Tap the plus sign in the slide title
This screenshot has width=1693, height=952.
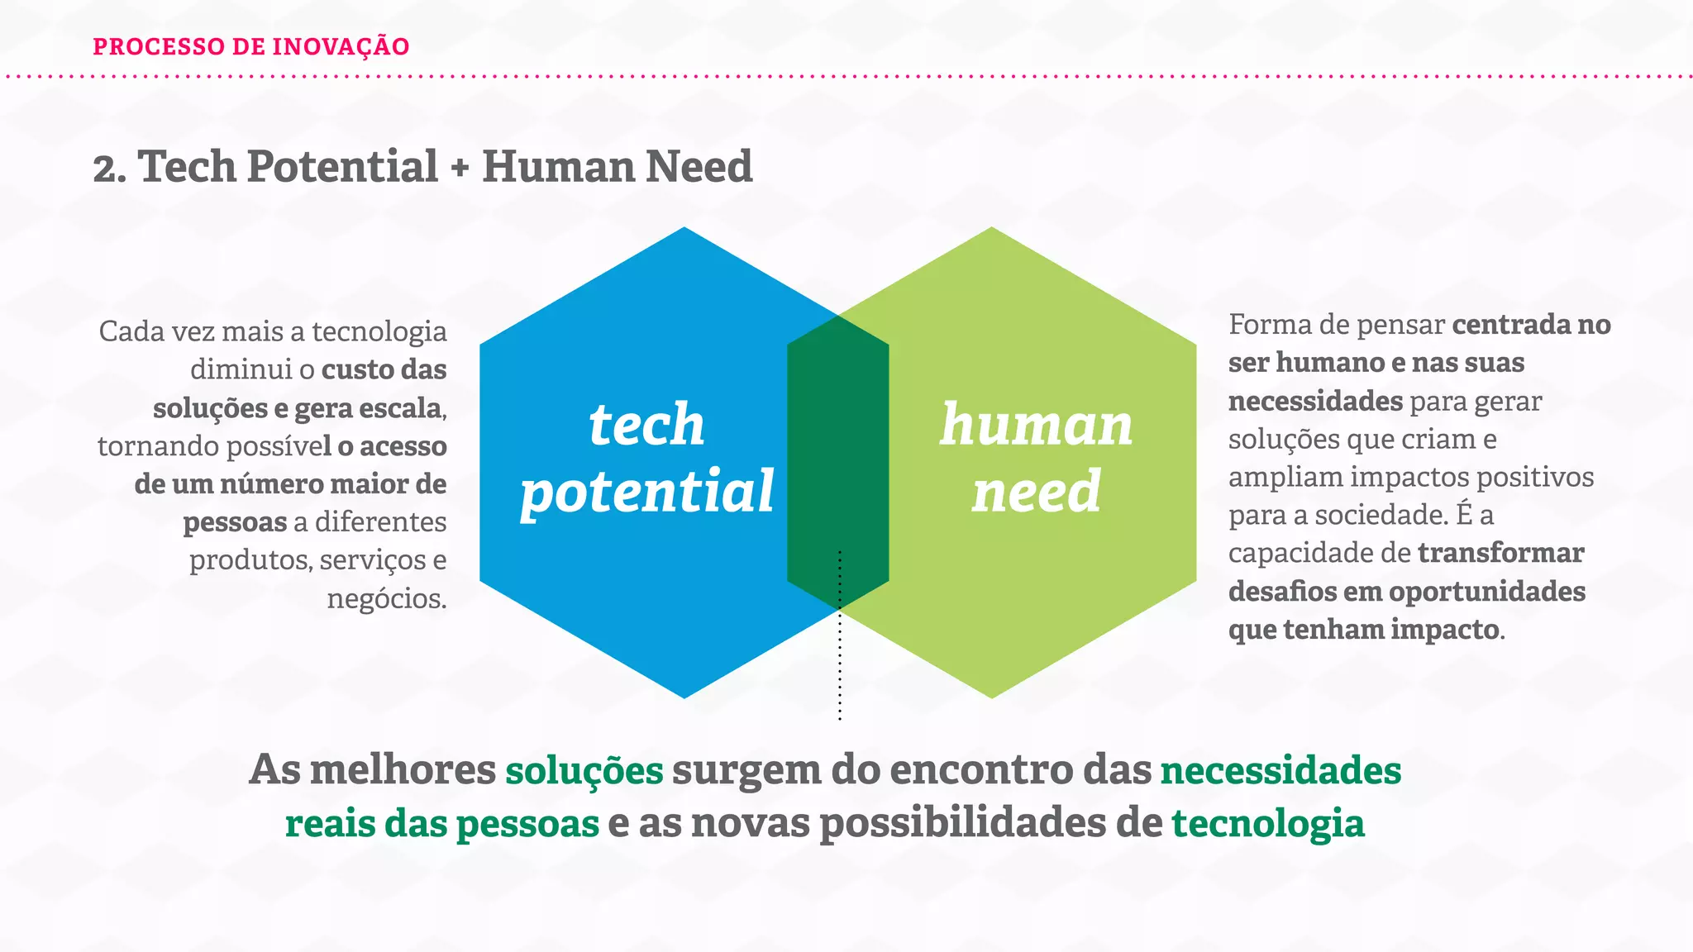click(460, 168)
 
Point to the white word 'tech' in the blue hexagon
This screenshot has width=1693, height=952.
click(646, 425)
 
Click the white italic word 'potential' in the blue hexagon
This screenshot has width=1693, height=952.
click(646, 493)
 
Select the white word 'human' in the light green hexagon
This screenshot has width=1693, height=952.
click(1036, 425)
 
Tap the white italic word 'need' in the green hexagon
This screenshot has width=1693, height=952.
click(1036, 493)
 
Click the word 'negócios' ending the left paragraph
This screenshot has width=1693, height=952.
click(384, 598)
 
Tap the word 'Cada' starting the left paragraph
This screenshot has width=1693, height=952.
click(128, 331)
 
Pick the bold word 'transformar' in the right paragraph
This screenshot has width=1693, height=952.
click(1500, 553)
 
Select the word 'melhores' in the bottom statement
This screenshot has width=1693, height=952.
click(402, 770)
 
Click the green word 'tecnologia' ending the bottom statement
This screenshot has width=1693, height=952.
click(1267, 824)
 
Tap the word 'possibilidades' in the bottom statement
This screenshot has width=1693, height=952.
click(962, 824)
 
